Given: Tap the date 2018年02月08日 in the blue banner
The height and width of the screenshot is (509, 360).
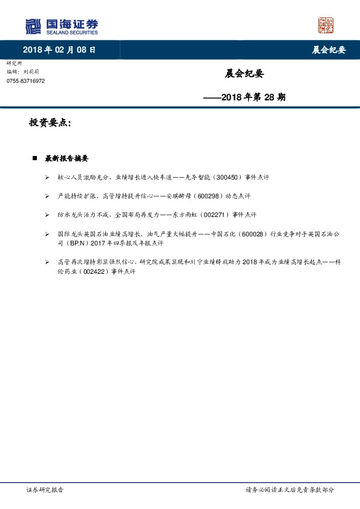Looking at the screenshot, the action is (59, 50).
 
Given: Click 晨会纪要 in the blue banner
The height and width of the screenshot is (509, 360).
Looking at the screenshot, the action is (329, 50).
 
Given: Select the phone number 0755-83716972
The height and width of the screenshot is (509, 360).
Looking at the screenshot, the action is (25, 81).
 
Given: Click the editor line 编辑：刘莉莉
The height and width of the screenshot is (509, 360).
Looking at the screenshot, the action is (23, 72).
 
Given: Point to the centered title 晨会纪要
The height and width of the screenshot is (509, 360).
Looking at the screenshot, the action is (244, 74).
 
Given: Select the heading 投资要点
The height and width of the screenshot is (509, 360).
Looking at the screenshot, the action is (50, 123).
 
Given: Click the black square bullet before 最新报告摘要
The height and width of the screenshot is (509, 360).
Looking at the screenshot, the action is (34, 158).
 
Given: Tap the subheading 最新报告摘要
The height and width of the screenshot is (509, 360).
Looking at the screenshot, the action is (67, 158).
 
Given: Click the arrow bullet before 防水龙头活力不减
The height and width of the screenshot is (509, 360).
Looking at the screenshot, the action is (47, 215).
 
